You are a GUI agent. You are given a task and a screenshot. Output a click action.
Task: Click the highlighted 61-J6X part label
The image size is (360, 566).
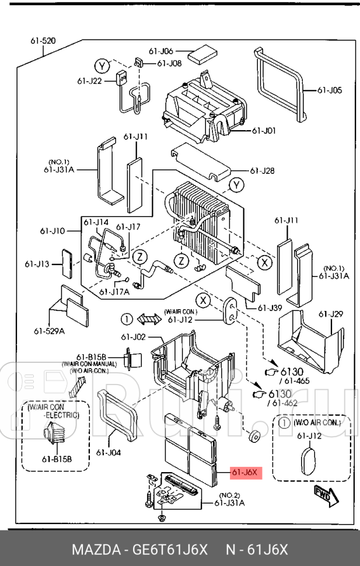click(246, 472)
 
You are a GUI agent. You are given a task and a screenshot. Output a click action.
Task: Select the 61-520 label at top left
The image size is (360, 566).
click(43, 41)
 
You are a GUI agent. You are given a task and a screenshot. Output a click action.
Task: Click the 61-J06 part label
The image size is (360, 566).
click(161, 51)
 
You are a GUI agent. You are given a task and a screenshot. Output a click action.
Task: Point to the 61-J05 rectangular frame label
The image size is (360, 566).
click(330, 90)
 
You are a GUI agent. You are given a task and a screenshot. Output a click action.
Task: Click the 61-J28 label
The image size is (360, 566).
click(262, 170)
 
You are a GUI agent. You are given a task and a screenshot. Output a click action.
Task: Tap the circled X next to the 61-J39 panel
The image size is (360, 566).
click(265, 263)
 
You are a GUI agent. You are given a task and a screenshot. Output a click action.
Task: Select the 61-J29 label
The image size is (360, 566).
click(331, 314)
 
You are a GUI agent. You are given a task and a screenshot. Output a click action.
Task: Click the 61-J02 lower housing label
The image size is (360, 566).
click(133, 337)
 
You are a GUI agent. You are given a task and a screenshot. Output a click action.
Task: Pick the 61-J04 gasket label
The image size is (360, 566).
click(109, 453)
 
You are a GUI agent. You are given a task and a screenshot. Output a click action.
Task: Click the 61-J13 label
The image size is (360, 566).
click(37, 264)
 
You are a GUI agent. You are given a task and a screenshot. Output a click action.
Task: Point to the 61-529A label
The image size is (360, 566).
click(49, 331)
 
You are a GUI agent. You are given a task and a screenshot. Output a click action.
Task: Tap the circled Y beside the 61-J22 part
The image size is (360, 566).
click(102, 66)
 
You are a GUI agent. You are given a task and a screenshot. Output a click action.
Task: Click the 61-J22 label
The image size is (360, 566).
click(89, 81)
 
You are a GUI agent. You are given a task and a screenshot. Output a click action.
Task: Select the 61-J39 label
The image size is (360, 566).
click(270, 308)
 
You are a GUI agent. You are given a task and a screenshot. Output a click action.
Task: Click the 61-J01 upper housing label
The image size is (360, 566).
click(264, 131)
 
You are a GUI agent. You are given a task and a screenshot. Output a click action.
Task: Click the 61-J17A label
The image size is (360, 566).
click(114, 292)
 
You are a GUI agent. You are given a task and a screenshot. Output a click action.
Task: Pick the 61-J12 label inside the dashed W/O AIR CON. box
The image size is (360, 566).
click(309, 436)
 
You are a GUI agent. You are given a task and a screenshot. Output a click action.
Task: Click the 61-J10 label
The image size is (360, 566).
click(53, 230)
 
